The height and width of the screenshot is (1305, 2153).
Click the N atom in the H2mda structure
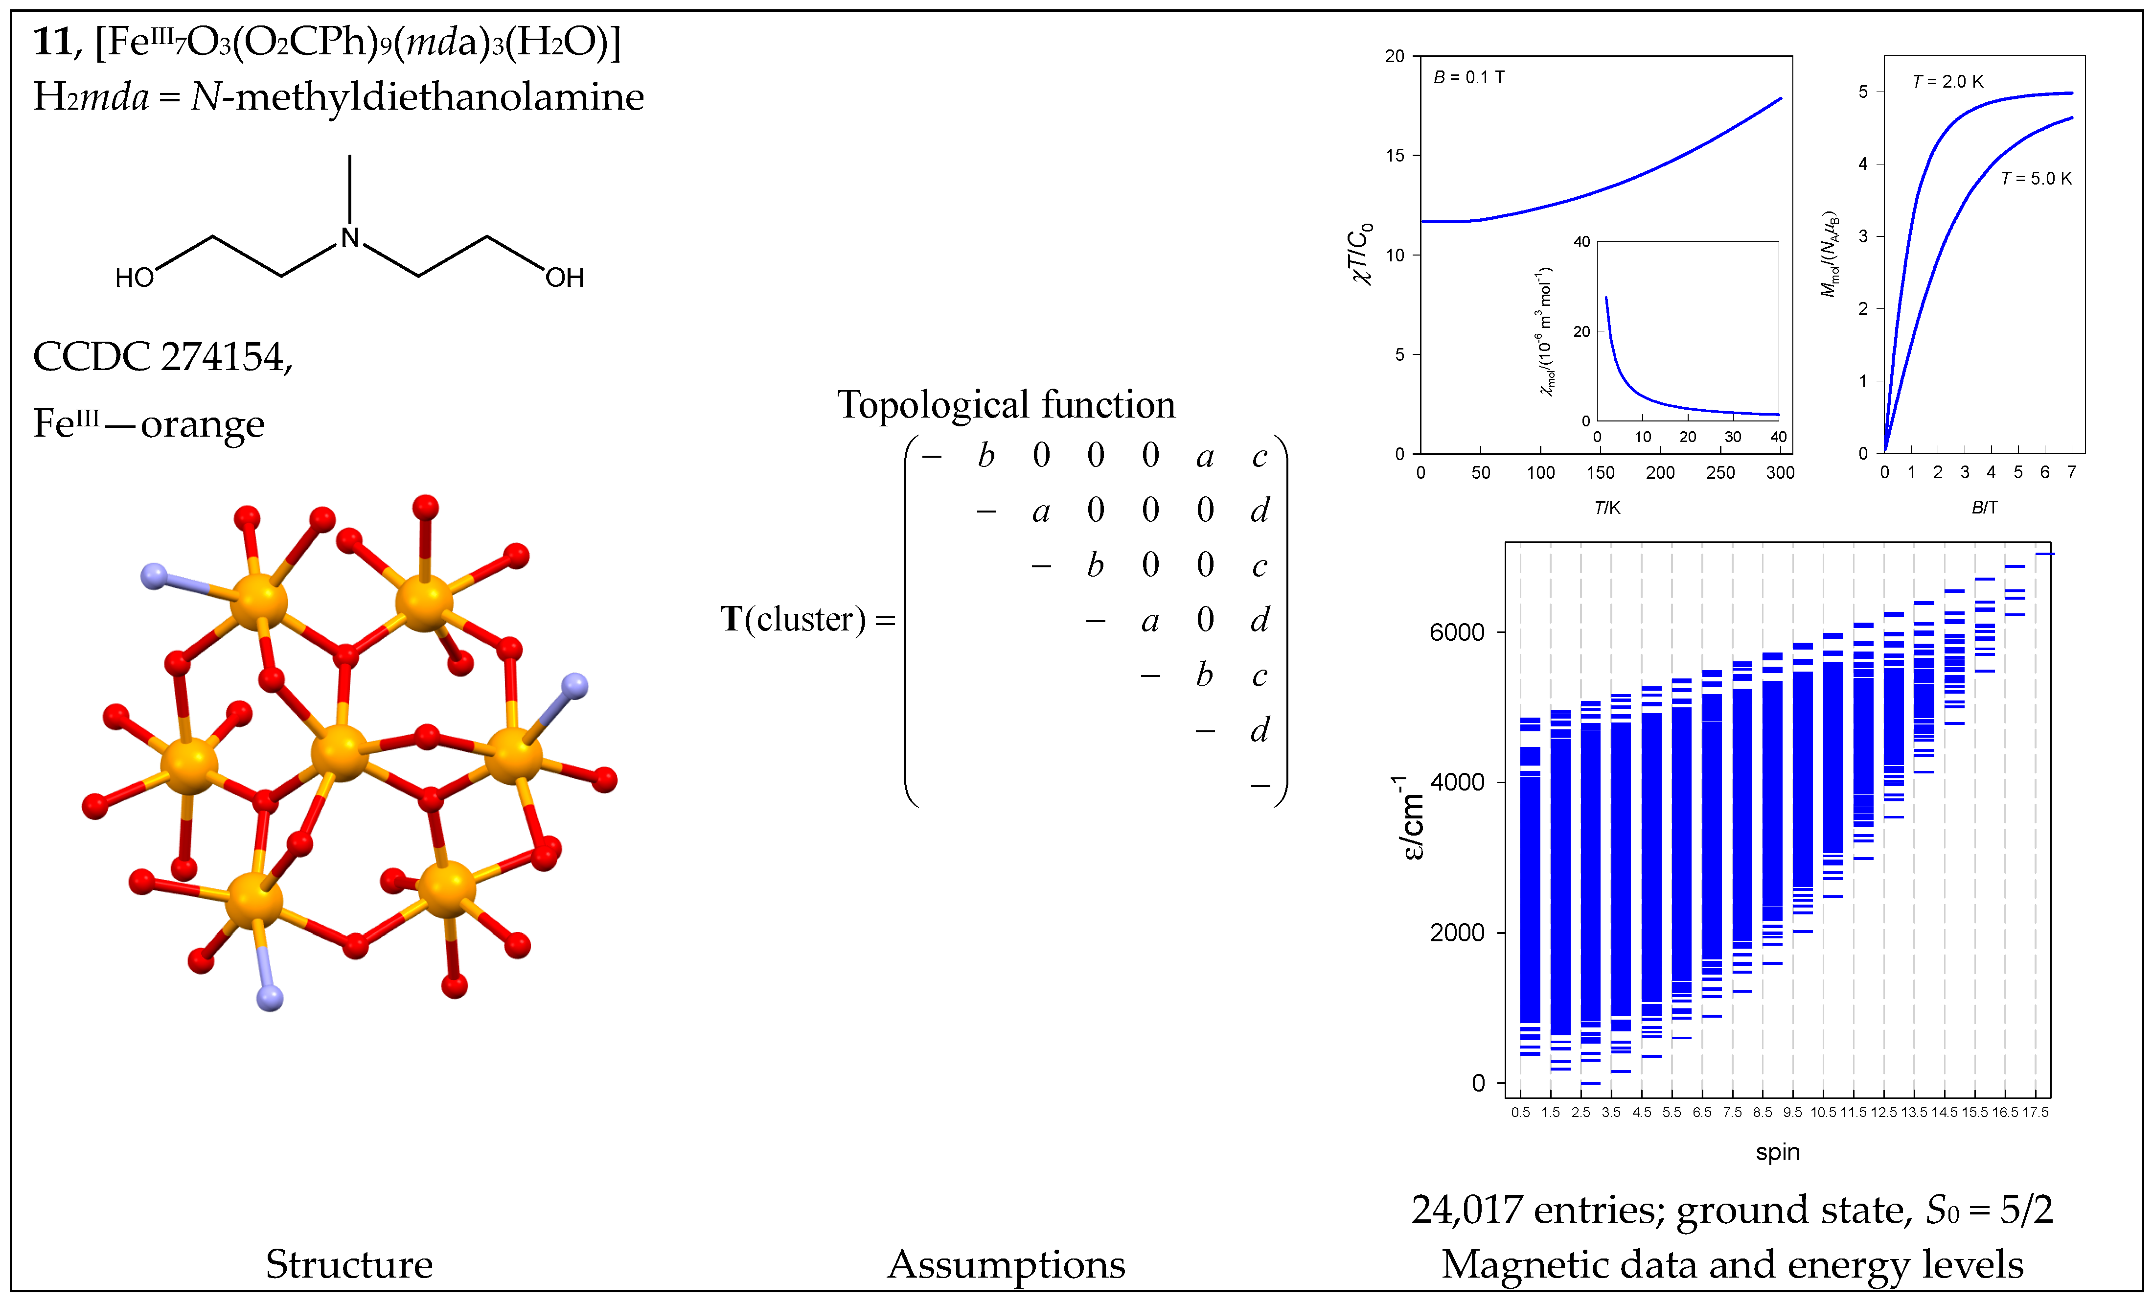click(349, 238)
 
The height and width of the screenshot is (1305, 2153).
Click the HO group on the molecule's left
click(135, 278)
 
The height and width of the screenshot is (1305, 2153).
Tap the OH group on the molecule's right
click(565, 278)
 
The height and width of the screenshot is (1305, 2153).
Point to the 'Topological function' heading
click(1006, 405)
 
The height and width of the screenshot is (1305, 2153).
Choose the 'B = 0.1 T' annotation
click(1469, 77)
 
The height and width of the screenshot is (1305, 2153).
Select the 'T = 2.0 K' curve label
click(1947, 81)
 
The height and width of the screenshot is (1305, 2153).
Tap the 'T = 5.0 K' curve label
click(2036, 178)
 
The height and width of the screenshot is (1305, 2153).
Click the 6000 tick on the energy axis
click(1457, 632)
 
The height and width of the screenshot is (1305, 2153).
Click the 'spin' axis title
click(1777, 1152)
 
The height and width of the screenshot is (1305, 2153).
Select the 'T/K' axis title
click(1607, 508)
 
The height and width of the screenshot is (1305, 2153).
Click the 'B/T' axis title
click(1984, 507)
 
